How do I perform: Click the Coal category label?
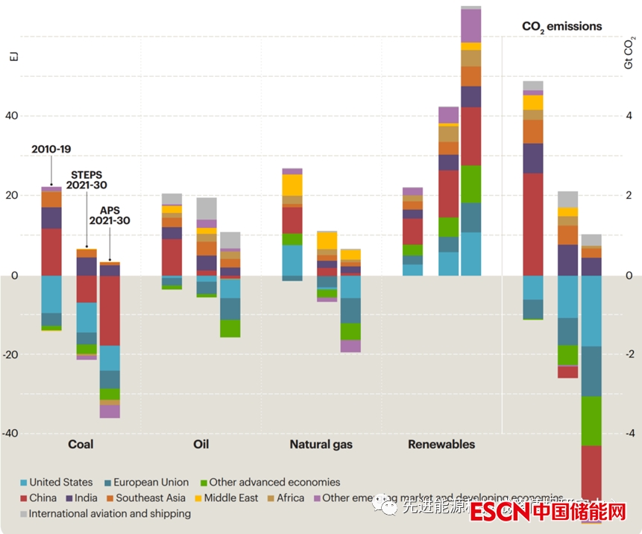tap(81, 445)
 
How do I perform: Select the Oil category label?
tap(201, 445)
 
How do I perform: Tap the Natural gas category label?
tap(321, 445)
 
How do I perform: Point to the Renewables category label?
tap(441, 445)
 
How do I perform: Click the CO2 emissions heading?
tap(561, 26)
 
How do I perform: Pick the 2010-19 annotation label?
tap(51, 149)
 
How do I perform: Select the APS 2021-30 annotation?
tap(110, 216)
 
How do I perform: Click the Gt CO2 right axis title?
tap(629, 54)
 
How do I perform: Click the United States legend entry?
tap(60, 483)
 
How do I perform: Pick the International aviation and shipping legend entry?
tap(109, 513)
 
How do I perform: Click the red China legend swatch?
tap(24, 498)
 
